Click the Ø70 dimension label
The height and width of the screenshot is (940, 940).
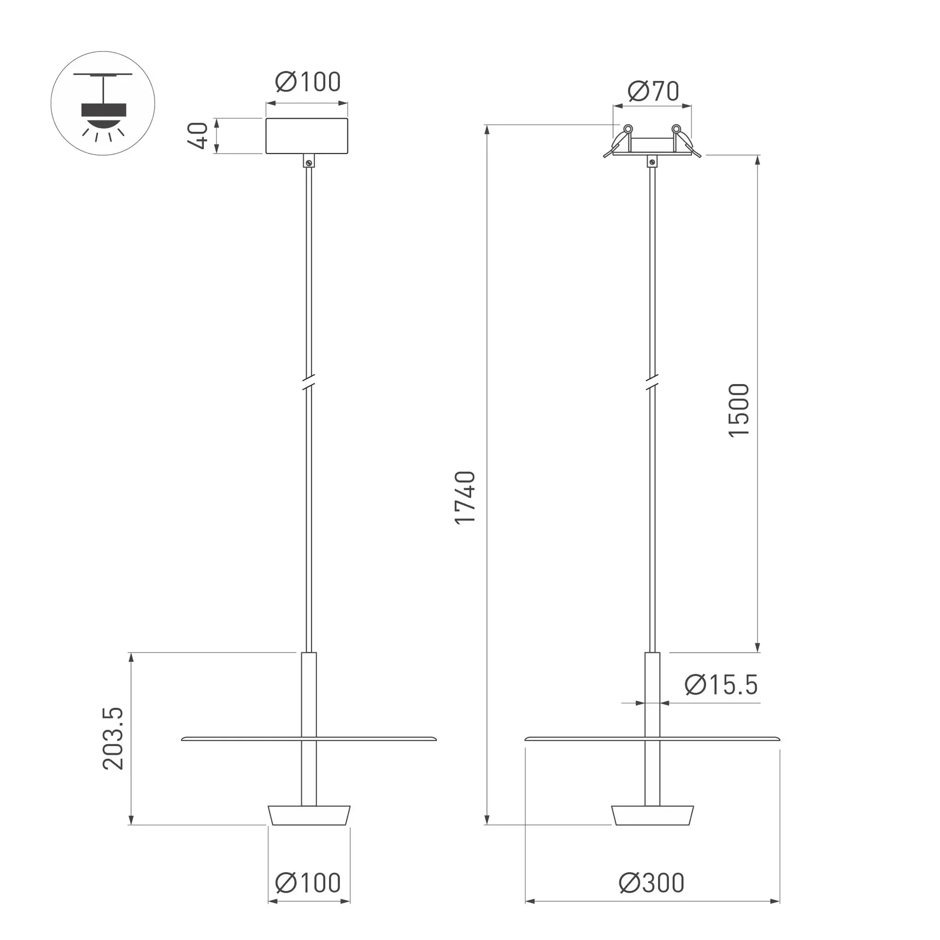653,91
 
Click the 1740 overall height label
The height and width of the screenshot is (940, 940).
465,497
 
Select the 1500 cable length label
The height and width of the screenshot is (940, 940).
739,410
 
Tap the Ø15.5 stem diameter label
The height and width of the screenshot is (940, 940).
721,685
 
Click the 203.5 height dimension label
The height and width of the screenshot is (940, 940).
113,738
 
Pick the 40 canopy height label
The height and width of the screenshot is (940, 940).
198,136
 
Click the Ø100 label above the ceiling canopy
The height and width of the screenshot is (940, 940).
308,82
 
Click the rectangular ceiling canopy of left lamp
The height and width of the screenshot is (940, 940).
307,136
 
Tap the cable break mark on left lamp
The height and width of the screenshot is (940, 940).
309,381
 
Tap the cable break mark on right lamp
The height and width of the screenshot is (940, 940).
652,381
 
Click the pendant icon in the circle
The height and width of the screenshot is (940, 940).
103,103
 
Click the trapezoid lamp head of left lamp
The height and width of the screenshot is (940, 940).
309,815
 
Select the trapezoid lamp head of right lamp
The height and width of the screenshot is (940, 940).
652,815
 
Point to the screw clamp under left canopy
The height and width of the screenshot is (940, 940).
309,161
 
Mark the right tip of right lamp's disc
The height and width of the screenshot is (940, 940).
778,739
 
